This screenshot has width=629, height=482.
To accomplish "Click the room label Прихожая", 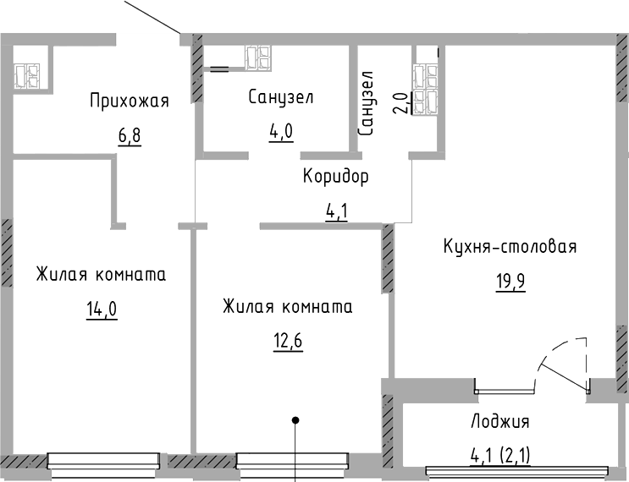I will (x=130, y=101).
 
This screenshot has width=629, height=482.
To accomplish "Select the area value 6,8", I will (x=130, y=135).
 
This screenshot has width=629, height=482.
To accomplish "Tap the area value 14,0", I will (x=101, y=309).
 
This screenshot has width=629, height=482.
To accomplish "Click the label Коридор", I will (x=336, y=177).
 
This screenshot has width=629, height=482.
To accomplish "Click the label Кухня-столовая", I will (x=510, y=247).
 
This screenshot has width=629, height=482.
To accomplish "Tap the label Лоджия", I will (x=499, y=422).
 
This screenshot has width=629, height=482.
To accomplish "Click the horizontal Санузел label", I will (x=281, y=98).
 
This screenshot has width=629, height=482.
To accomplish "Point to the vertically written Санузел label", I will (x=367, y=104).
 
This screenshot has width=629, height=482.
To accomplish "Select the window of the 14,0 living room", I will (x=103, y=461).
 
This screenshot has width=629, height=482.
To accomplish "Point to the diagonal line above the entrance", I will (x=152, y=17).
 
